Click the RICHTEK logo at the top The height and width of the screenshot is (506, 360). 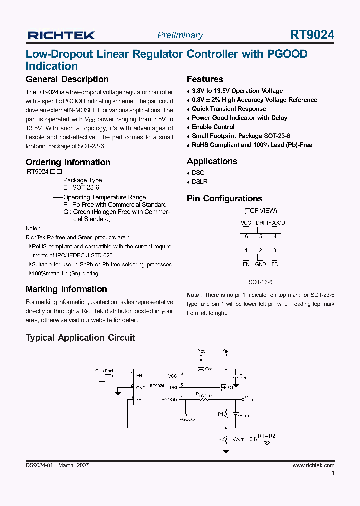(61, 35)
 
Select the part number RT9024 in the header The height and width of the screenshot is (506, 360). (312, 35)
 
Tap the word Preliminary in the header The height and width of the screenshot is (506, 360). (180, 35)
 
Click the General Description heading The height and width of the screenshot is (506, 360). (67, 79)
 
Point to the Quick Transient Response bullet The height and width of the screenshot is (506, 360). (229, 109)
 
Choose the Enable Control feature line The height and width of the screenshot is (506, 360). (213, 127)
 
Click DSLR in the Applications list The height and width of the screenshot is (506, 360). (200, 182)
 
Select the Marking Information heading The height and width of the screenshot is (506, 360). (66, 289)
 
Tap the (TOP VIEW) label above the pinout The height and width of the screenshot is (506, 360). (260, 211)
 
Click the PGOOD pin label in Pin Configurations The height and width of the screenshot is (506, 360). (275, 223)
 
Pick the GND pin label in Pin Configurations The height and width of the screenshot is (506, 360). (260, 264)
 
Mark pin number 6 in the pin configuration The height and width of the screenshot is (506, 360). (246, 236)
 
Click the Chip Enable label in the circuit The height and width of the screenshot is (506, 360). (106, 371)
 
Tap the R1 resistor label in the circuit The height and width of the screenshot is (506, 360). (220, 414)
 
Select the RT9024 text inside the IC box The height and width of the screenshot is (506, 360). (157, 386)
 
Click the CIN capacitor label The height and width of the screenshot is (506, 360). (242, 378)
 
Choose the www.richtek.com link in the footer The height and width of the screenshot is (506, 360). (313, 465)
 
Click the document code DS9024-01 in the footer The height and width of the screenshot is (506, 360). (39, 465)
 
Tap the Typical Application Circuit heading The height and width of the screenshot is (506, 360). (80, 338)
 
